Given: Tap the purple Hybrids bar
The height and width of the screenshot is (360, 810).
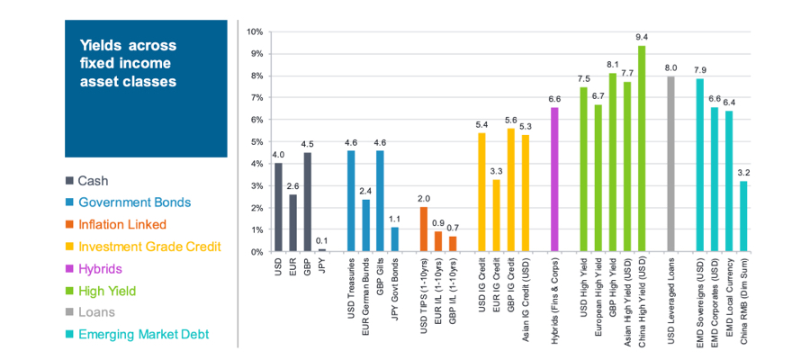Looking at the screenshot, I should point(554,180).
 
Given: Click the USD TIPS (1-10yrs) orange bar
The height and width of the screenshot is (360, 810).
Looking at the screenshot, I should point(424,229).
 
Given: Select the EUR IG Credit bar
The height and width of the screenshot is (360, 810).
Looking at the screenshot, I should point(496,216).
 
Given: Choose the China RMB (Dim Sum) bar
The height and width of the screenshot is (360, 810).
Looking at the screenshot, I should point(743,217).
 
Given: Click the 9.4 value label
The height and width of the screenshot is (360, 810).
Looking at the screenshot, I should point(642,37).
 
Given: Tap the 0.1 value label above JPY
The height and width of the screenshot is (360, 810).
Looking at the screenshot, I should point(322,240).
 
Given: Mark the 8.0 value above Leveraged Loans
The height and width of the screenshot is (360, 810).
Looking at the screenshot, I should point(670,67).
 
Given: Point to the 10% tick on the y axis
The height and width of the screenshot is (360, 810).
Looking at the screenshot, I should point(255,32).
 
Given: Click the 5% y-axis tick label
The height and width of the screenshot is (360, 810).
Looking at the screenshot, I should point(256,142).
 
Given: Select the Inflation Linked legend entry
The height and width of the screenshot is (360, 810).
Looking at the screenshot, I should point(121,224).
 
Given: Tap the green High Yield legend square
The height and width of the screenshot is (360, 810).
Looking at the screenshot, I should point(69,290).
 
